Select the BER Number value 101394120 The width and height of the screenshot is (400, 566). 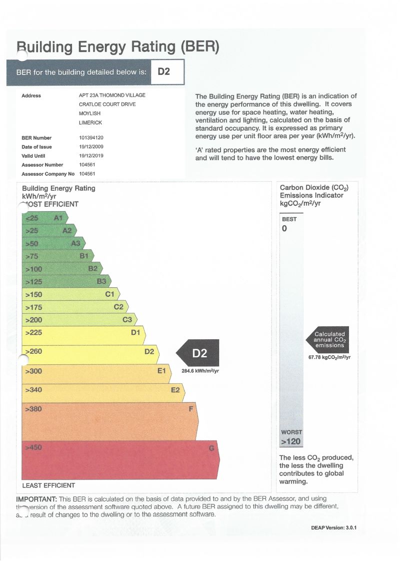[x=91, y=138]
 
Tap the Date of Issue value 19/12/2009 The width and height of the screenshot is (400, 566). [x=90, y=147]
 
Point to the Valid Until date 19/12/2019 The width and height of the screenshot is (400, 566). [x=90, y=156]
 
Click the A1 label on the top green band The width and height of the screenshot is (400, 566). [x=58, y=218]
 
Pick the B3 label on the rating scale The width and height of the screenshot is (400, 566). [x=101, y=281]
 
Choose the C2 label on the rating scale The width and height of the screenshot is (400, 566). [x=118, y=307]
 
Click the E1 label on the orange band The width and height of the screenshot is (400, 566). [x=161, y=371]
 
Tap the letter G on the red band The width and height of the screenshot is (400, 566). [x=211, y=448]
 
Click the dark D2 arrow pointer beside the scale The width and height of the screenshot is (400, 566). [x=198, y=353]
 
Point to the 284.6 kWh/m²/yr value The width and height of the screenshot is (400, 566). [x=200, y=371]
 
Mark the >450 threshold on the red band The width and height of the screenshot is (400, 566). [x=34, y=447]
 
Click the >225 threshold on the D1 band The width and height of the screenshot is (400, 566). [x=34, y=332]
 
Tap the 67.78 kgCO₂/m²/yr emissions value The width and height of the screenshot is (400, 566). [x=329, y=357]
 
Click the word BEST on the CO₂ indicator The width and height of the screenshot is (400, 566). [x=289, y=219]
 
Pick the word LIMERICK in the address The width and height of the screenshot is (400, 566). [x=90, y=122]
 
